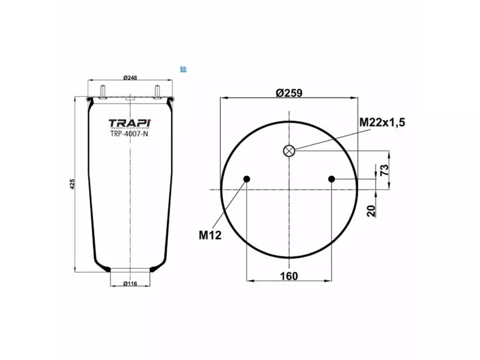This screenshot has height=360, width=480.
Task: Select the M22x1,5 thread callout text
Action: point(382,122)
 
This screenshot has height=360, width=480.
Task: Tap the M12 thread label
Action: point(210,235)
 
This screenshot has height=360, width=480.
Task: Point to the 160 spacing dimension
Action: point(289,276)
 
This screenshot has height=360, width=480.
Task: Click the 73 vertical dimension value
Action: point(385,169)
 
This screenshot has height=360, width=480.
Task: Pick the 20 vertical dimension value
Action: point(371,210)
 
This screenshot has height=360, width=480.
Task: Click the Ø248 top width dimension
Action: point(130,77)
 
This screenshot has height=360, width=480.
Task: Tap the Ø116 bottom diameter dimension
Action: point(130,283)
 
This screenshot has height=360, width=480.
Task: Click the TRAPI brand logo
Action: point(130,124)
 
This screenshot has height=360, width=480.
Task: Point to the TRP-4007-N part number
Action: point(130,134)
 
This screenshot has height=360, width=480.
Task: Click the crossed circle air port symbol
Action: point(289,151)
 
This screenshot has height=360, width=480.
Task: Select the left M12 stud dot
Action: point(247,178)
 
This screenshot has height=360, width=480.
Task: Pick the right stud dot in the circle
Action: point(332,178)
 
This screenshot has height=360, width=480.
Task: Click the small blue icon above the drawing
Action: point(183,68)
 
